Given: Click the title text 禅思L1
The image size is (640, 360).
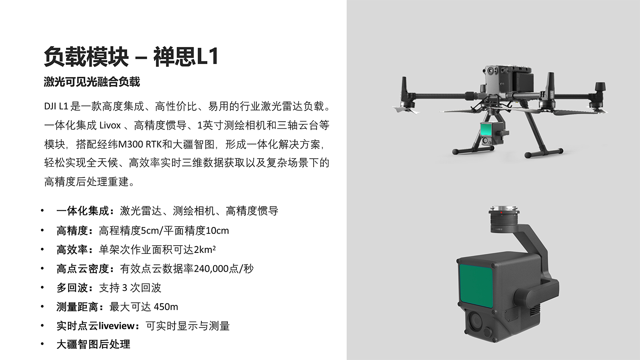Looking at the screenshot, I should point(186,57).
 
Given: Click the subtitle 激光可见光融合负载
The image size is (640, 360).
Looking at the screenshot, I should point(92,82).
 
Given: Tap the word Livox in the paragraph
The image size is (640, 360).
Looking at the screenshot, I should point(110,125).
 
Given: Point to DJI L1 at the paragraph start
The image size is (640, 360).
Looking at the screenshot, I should point(56,106).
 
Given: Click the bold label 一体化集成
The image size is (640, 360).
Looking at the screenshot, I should point(83,211).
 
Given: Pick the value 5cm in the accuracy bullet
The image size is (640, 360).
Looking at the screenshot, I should point(149,231).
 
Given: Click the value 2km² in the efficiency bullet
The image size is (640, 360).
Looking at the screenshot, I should point(205,250).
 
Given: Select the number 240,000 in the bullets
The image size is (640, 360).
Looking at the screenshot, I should point(211,269).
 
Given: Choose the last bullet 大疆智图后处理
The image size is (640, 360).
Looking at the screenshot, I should point(93,344).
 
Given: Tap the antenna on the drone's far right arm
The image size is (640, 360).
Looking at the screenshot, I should point(601,89).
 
